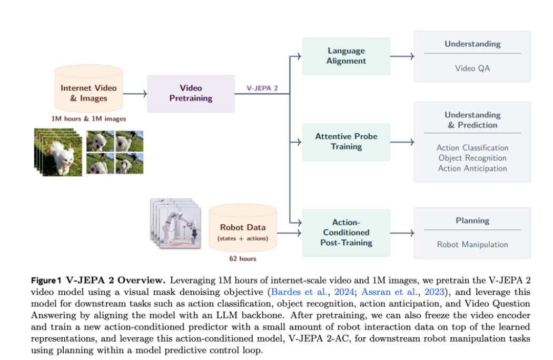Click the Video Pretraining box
[x=191, y=93]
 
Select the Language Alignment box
[x=346, y=56]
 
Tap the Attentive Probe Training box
[x=346, y=142]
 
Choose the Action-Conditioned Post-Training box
[x=346, y=233]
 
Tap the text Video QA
[x=472, y=68]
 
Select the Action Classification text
[x=472, y=148]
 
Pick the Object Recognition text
[x=472, y=158]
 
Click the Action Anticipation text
[x=472, y=168]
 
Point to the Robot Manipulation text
[x=472, y=244]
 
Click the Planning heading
[x=472, y=221]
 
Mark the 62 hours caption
[x=242, y=258]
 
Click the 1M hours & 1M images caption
[x=88, y=118]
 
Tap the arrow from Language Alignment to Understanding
[x=402, y=56]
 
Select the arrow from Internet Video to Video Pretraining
[x=135, y=94]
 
